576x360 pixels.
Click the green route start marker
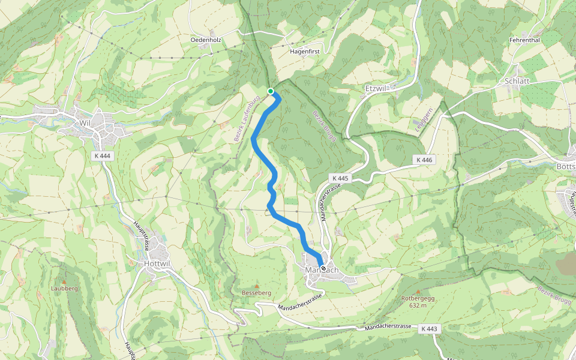pos(271,91)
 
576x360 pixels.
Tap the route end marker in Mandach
pos(323,269)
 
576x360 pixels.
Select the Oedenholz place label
pos(206,40)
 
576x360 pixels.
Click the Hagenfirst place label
pos(305,52)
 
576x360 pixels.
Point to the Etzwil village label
pos(377,88)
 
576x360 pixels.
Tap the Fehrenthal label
pos(524,40)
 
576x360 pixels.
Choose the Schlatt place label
pos(517,80)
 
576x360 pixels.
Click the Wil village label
pos(84,123)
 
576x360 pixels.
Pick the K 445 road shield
pos(339,178)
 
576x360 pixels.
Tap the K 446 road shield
pos(424,160)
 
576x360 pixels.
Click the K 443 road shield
pos(430,329)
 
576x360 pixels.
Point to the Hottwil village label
pos(158,263)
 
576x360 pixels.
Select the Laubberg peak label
pos(65,288)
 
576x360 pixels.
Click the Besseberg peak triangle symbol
pos(257,286)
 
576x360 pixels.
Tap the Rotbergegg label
pos(418,298)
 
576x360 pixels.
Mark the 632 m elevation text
pos(418,305)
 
